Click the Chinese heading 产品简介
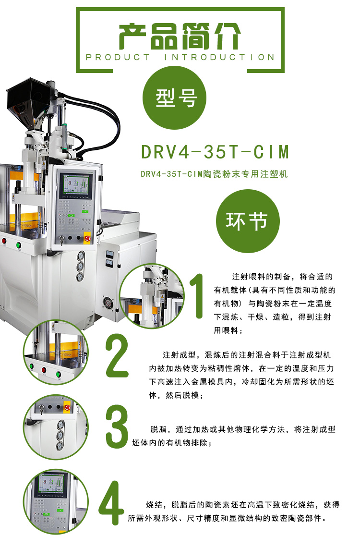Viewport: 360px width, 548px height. click(180, 37)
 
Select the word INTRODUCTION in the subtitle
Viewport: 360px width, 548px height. click(219, 57)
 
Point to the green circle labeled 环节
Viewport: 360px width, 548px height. click(247, 221)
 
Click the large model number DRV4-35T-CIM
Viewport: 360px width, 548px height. click(216, 151)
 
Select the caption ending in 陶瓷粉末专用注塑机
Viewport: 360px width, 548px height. click(214, 174)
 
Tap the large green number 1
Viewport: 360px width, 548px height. click(196, 296)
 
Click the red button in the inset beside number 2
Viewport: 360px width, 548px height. click(45, 370)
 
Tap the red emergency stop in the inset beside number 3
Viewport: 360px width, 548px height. click(67, 408)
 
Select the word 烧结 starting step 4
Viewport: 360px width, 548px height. click(154, 505)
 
